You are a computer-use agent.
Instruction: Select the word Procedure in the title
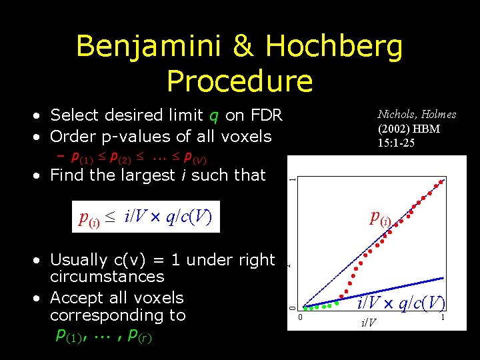[x=239, y=81]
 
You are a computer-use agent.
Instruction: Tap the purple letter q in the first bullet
[x=213, y=116]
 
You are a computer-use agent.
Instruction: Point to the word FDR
[x=267, y=115]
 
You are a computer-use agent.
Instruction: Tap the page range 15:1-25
[x=396, y=143]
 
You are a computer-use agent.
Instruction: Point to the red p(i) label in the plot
[x=381, y=218]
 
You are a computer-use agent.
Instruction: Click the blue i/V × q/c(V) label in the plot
[x=401, y=303]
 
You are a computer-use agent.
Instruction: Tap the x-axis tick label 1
[x=442, y=318]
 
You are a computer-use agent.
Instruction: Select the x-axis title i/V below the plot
[x=368, y=323]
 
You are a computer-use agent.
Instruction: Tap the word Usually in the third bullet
[x=79, y=259]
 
